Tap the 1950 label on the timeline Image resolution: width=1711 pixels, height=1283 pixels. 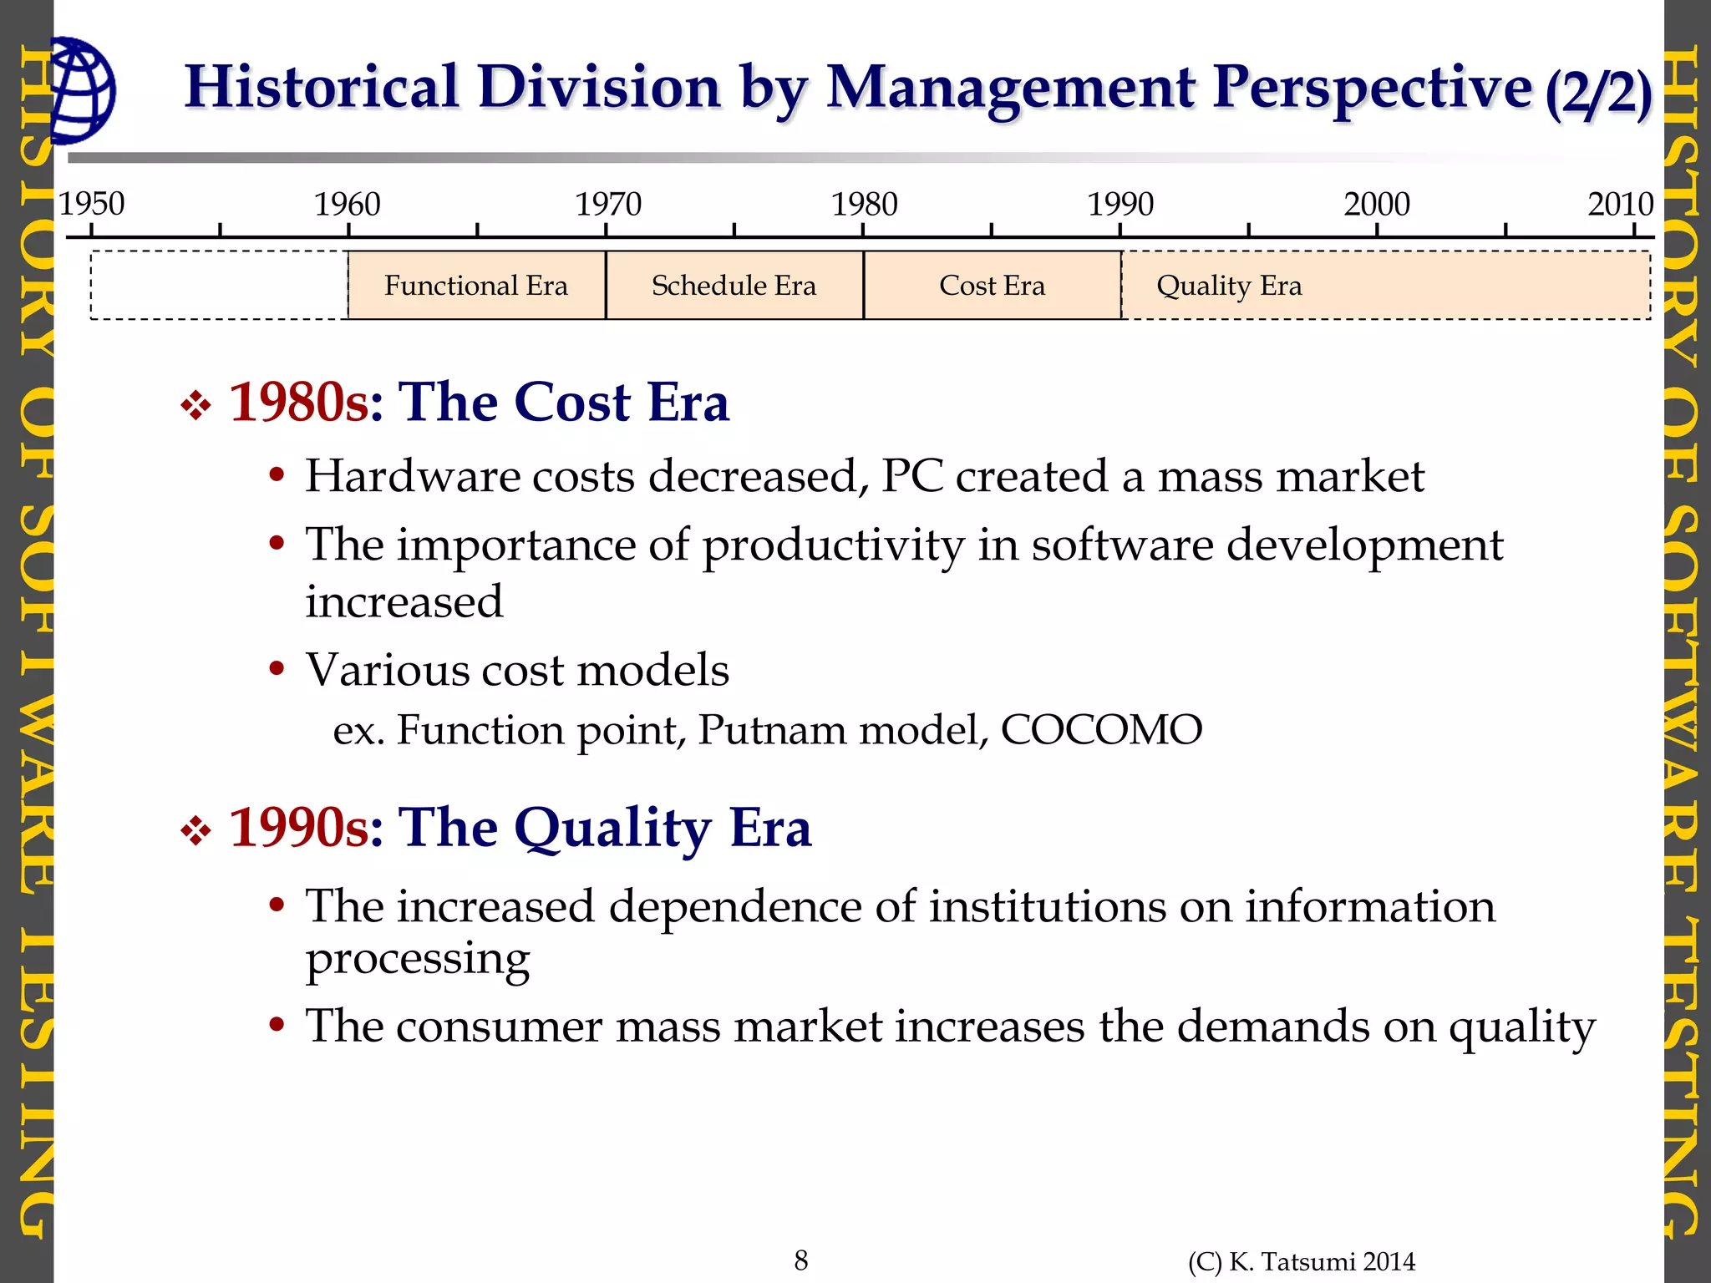coord(91,204)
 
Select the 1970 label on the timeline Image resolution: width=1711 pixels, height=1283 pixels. coord(607,204)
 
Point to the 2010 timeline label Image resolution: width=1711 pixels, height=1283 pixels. coord(1620,204)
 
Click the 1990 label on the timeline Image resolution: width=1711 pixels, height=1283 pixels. coord(1120,204)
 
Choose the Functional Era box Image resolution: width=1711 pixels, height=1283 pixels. coord(476,286)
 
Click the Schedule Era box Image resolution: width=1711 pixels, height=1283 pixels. coord(734,286)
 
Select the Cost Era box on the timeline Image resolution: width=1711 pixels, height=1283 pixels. coord(992,286)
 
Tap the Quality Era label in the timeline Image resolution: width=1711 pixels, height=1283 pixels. coord(1228,286)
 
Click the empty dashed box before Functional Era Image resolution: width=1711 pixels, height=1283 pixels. coord(219,286)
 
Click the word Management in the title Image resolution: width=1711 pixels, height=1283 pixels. coord(1011,89)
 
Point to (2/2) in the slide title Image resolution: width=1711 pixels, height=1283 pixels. coord(1597,92)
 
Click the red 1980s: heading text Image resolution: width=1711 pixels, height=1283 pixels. coord(306,403)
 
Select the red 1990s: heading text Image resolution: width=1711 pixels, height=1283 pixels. coord(306,828)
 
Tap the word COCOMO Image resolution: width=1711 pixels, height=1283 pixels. coord(1101,729)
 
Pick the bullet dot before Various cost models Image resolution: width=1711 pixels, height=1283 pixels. coord(277,670)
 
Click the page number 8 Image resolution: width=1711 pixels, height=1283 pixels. coord(800,1260)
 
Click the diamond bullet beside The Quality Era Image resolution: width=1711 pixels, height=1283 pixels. coord(196,831)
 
